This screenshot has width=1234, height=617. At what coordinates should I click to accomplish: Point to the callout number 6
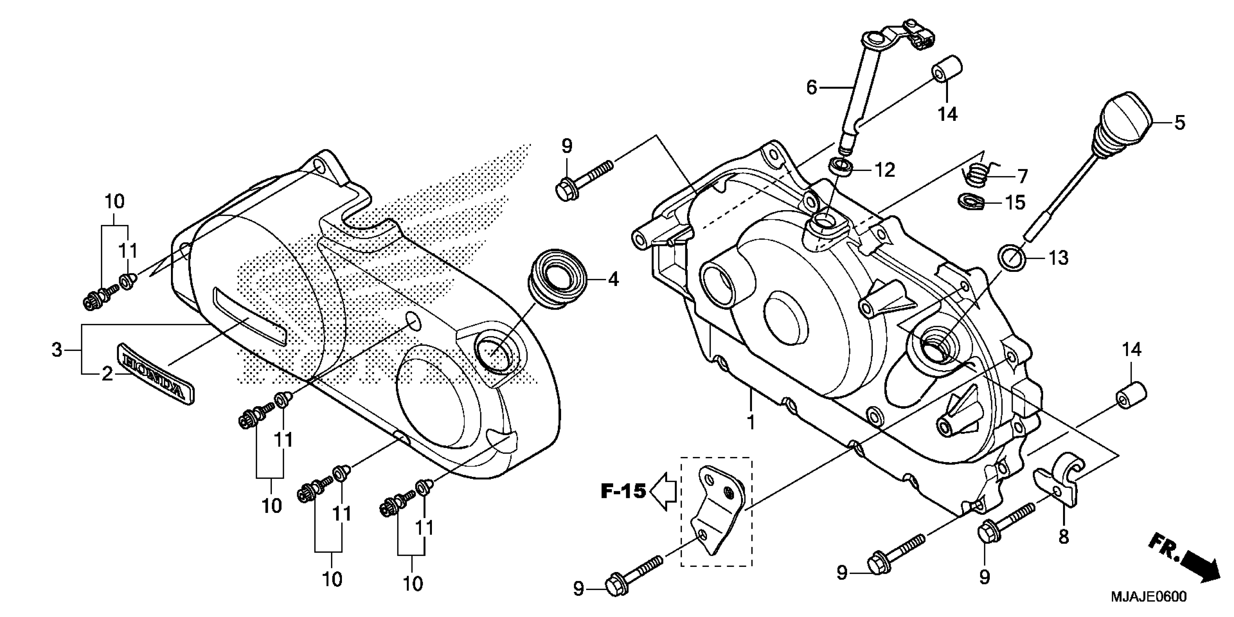(812, 88)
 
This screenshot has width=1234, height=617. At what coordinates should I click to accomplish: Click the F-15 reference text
(624, 491)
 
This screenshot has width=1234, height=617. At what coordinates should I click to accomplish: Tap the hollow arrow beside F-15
(664, 491)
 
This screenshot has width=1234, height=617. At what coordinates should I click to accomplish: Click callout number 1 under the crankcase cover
(751, 422)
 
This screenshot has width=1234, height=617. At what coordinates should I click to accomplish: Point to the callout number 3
(57, 350)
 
